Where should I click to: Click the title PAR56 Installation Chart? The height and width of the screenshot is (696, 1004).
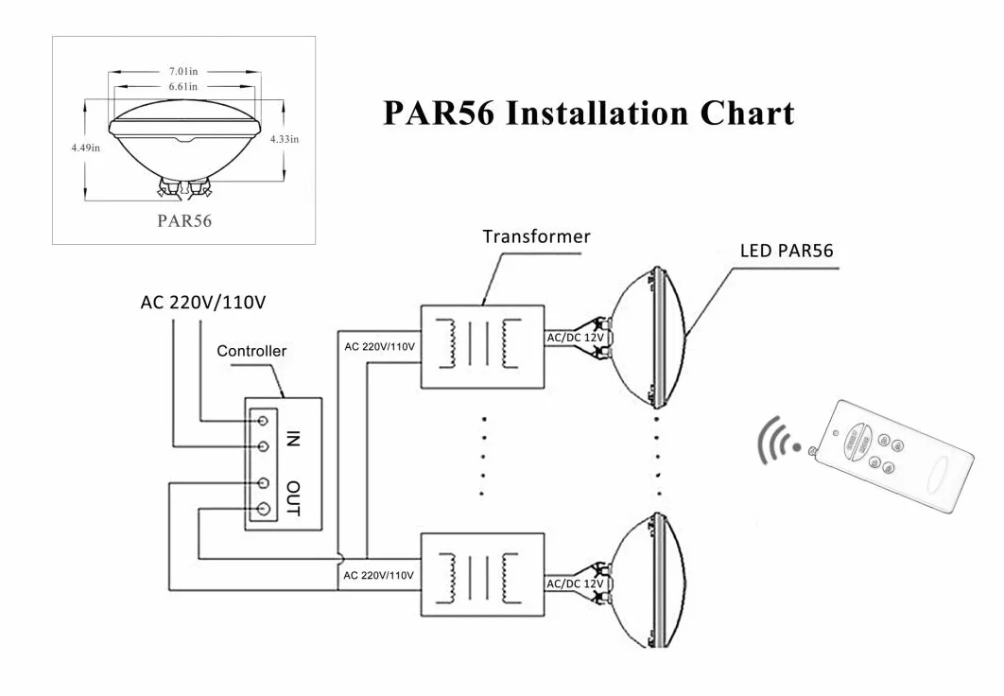[588, 113]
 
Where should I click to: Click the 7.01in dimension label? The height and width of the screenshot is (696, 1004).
[183, 71]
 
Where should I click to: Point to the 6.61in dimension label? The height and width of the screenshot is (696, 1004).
[183, 86]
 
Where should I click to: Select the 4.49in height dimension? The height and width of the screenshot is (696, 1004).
[86, 148]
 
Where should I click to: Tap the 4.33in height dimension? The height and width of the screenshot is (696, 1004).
[285, 139]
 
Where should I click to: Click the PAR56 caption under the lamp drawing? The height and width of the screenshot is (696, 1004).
[184, 221]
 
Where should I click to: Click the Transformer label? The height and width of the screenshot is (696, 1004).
[537, 236]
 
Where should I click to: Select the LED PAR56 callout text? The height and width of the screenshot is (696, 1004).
[787, 251]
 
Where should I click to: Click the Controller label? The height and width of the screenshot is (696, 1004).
[251, 351]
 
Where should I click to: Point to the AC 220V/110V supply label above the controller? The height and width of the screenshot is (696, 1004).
[203, 302]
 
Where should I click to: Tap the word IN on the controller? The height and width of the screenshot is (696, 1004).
[293, 439]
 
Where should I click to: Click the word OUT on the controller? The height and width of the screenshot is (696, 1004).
[293, 498]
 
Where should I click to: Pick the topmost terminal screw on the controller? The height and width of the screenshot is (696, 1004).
[263, 420]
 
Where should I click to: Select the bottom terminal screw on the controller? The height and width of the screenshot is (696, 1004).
[263, 509]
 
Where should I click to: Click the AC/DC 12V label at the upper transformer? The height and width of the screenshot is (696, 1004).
[575, 338]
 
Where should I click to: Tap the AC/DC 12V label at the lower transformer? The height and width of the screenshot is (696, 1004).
[575, 584]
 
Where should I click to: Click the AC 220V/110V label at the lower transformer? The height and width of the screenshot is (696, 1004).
[378, 576]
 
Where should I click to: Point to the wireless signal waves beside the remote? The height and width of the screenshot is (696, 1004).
[777, 442]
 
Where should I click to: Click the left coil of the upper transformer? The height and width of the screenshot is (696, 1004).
[447, 343]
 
